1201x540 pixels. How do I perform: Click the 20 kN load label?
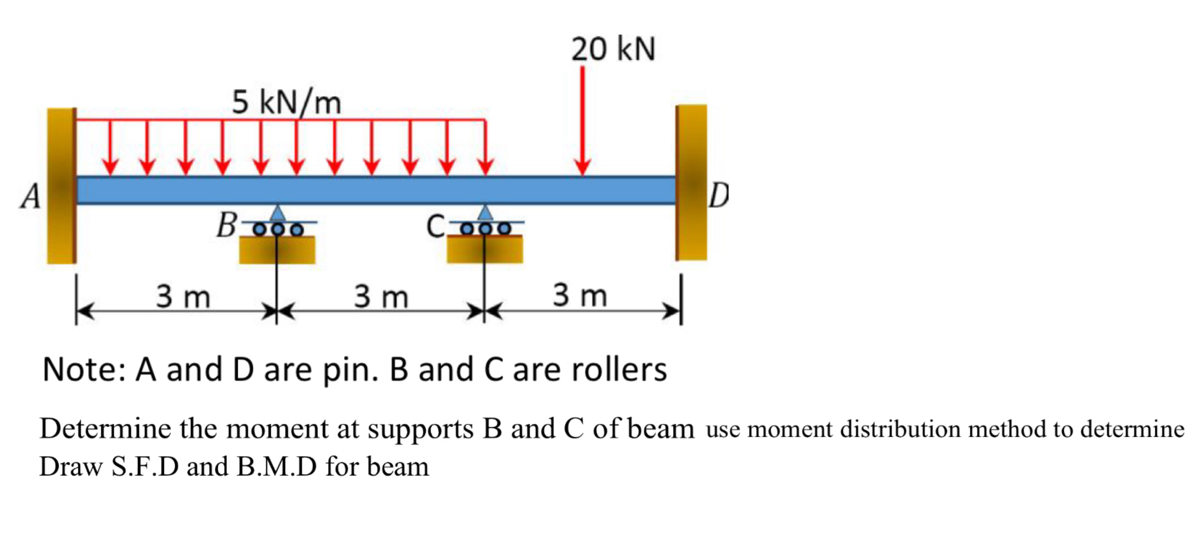click(613, 49)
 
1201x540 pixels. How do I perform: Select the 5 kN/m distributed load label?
click(287, 102)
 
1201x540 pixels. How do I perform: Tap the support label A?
click(31, 196)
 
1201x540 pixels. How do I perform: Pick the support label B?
click(226, 225)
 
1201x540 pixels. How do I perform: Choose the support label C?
click(436, 226)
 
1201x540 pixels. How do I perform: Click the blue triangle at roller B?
click(277, 213)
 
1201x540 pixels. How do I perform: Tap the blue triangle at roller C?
click(485, 213)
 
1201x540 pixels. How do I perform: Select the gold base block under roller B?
click(277, 250)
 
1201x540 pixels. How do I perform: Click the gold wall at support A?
click(62, 186)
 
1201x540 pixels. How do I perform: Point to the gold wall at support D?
click(692, 183)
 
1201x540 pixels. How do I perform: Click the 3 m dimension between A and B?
click(183, 297)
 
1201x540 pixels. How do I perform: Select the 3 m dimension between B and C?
click(381, 297)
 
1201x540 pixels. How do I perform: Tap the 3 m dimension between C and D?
click(580, 295)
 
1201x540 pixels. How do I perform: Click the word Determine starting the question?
click(105, 429)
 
